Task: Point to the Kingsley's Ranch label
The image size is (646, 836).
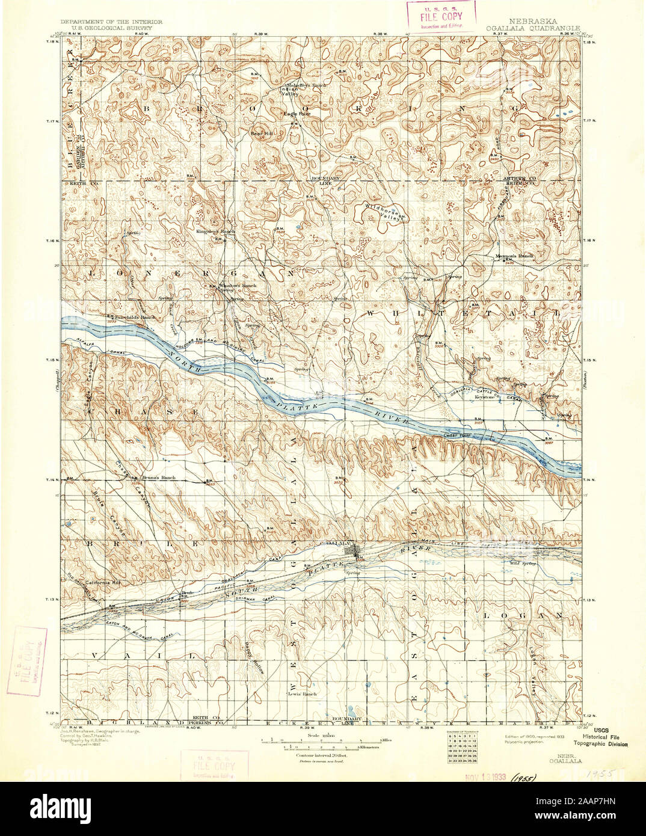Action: (215, 231)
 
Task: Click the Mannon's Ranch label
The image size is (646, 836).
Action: (514, 256)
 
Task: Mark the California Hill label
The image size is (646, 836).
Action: (101, 584)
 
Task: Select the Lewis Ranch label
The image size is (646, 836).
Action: (302, 693)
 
